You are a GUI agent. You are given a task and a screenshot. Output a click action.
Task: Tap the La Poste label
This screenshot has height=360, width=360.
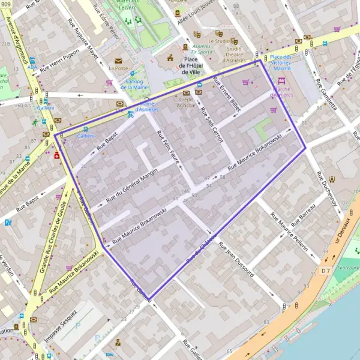(118, 68)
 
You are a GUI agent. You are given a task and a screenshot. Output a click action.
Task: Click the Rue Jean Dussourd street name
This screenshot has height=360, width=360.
(236, 260)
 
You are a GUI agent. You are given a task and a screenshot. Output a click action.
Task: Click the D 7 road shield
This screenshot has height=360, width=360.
(325, 272)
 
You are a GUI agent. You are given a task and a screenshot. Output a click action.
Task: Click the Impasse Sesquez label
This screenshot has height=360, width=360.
(61, 325)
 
